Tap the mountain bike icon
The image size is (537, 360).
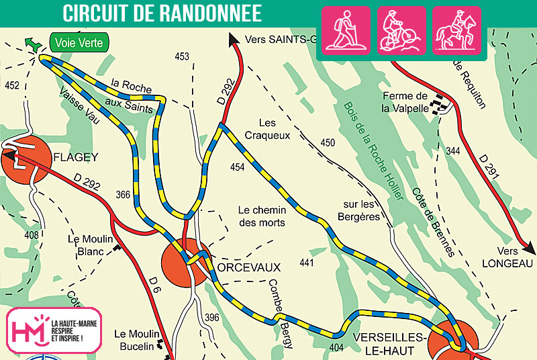tap(401, 30)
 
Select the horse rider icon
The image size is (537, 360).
tap(456, 30)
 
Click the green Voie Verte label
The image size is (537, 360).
tap(79, 43)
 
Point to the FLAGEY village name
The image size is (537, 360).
tap(75, 158)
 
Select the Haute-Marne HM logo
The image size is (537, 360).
tap(54, 330)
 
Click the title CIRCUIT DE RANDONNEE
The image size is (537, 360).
tap(162, 12)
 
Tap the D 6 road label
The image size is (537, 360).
tap(154, 285)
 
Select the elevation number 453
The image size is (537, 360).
tap(182, 57)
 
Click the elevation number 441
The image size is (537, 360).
tap(307, 262)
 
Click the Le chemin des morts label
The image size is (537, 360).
tap(262, 216)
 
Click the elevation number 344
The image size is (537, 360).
tap(453, 152)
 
